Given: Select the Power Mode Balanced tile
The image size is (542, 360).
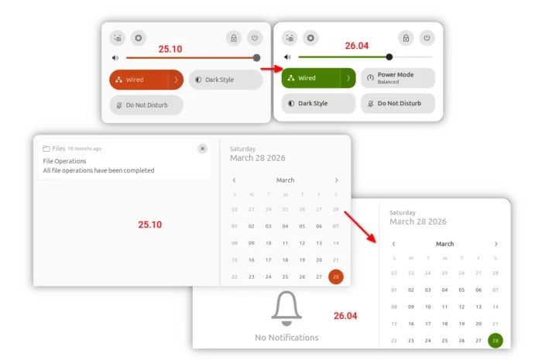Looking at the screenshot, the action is pyautogui.click(x=398, y=78).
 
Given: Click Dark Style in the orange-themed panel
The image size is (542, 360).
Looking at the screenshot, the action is pyautogui.click(x=226, y=80).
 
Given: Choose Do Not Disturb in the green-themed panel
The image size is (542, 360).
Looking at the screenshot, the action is pyautogui.click(x=398, y=103).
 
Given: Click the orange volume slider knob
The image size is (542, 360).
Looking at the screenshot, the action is pyautogui.click(x=256, y=58).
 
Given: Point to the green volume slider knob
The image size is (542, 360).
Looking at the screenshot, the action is pyautogui.click(x=389, y=57).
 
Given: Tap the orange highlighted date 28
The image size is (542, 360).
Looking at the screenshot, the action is pyautogui.click(x=336, y=276).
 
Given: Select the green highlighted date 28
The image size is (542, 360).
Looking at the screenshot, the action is pyautogui.click(x=496, y=341).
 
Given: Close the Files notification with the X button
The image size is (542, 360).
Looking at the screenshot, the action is pyautogui.click(x=203, y=149).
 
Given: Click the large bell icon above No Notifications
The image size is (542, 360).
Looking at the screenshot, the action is pyautogui.click(x=286, y=308).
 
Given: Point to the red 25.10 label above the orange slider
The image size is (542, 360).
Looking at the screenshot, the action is pyautogui.click(x=170, y=49).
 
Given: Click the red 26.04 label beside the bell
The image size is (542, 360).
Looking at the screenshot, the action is pyautogui.click(x=345, y=316).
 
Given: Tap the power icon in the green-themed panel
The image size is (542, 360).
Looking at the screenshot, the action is pyautogui.click(x=427, y=38).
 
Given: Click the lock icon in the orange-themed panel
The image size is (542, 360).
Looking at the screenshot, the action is pyautogui.click(x=234, y=38).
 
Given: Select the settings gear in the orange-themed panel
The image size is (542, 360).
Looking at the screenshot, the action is pyautogui.click(x=139, y=38).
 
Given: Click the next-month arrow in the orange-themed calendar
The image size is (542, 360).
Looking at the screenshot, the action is pyautogui.click(x=336, y=180).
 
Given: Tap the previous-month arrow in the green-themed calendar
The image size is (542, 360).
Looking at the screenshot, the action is pyautogui.click(x=393, y=244).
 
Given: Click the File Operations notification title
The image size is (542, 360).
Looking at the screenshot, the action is pyautogui.click(x=64, y=161).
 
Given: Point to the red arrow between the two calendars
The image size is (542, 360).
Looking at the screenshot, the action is pyautogui.click(x=360, y=227).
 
